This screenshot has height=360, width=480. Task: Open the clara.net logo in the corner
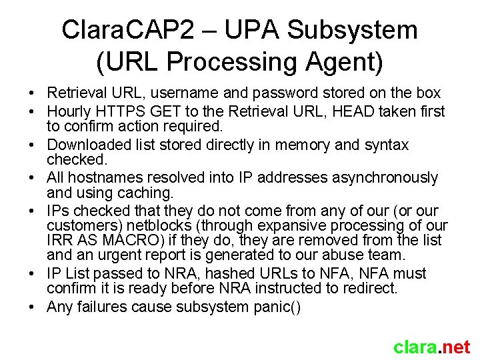[431, 347]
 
